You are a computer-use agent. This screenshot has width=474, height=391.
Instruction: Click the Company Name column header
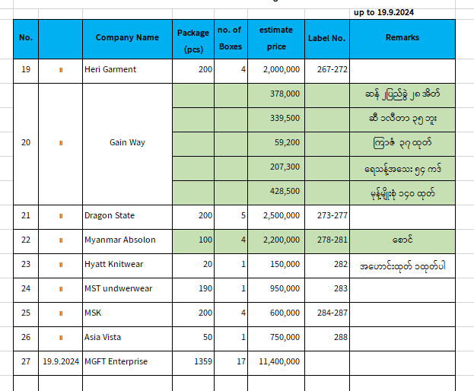127,37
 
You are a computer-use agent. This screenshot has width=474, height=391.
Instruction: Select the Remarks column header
402,37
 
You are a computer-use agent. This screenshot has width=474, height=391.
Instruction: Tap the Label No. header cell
327,38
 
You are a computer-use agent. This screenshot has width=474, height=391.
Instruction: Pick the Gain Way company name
127,142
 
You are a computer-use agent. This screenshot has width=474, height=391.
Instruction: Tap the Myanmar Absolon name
120,240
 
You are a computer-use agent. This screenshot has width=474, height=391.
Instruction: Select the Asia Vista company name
103,337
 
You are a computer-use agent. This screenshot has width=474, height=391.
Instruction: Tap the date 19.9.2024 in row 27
61,361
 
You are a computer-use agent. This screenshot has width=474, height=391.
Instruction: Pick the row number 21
26,215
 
